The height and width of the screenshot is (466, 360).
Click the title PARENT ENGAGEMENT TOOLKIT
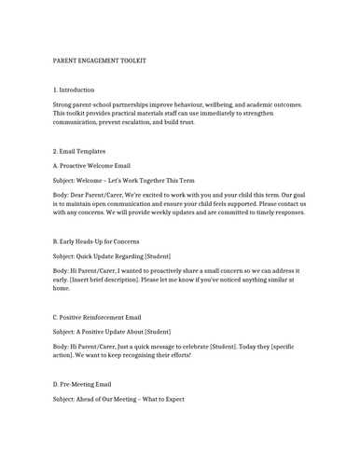tap(100, 61)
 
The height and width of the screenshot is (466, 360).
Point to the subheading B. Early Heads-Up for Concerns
tap(104, 240)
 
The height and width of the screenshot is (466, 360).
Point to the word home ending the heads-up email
tap(62, 289)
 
